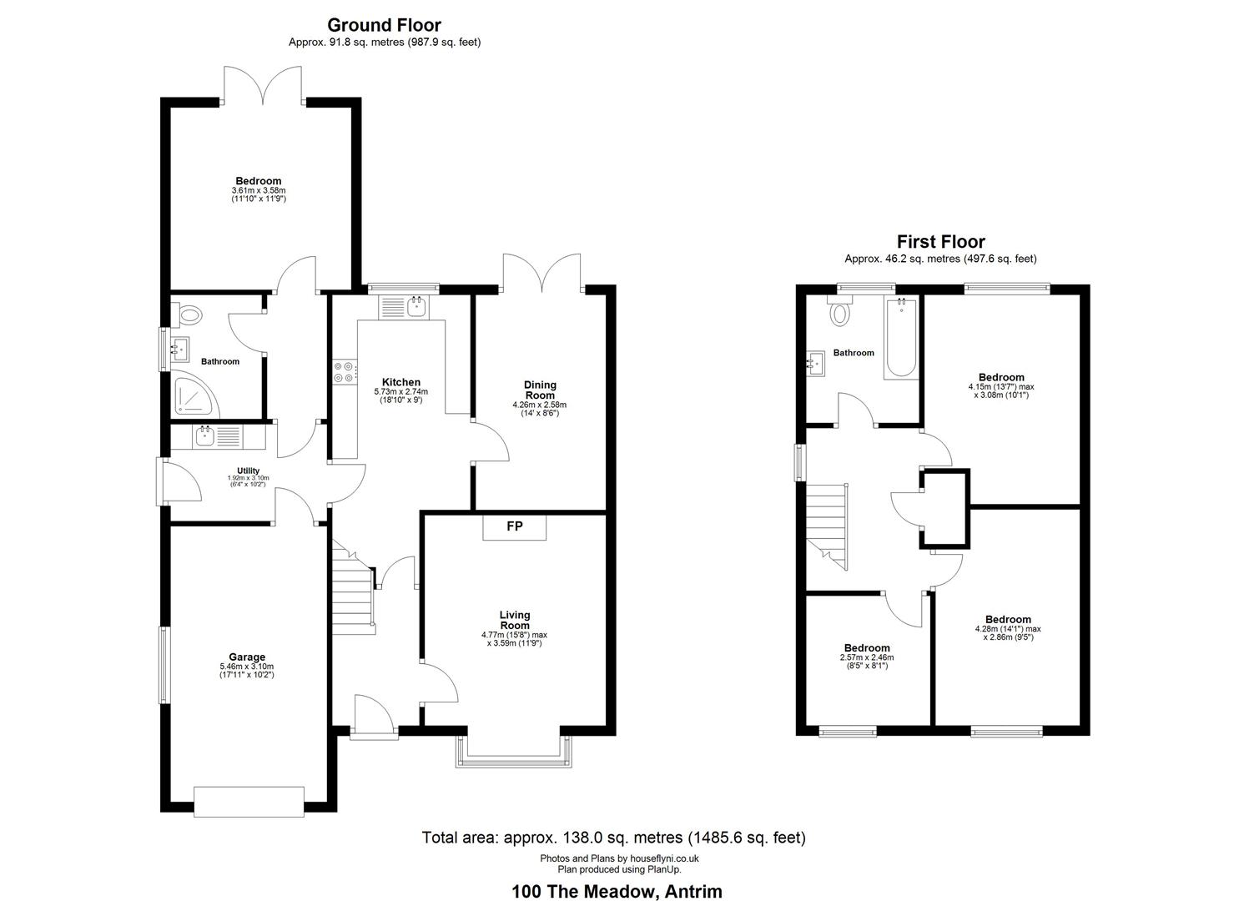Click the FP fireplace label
point(515,526)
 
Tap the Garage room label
point(247,657)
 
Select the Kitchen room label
point(401,382)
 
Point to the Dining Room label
point(540,390)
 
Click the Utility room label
point(249,471)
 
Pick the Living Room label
point(515,620)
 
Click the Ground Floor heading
point(385,25)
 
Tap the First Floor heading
point(941,242)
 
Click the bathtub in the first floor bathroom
point(902,339)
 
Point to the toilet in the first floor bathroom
point(840,311)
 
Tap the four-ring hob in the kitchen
point(344,372)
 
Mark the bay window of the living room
point(513,751)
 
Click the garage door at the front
point(249,802)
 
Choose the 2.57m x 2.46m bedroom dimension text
point(867,658)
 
